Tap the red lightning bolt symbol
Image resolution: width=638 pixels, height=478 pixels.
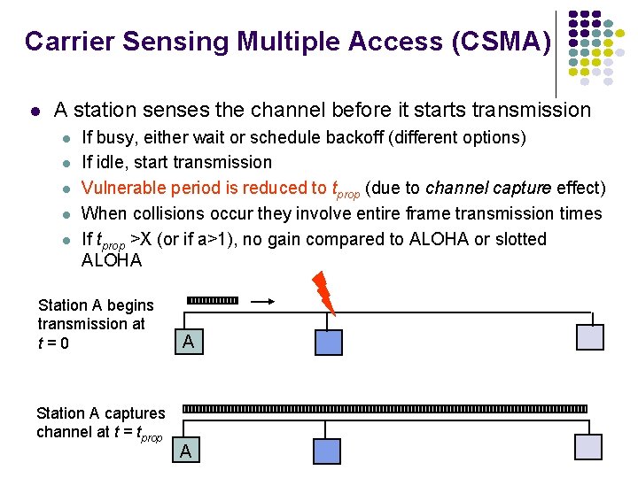pyautogui.click(x=323, y=293)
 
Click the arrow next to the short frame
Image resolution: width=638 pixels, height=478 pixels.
pyautogui.click(x=263, y=302)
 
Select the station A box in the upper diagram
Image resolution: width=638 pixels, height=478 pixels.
pyautogui.click(x=187, y=341)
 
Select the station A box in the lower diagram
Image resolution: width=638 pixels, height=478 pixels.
pyautogui.click(x=185, y=451)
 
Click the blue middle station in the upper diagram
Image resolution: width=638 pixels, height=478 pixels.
pyautogui.click(x=328, y=343)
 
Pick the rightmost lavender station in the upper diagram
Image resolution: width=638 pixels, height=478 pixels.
pyautogui.click(x=589, y=337)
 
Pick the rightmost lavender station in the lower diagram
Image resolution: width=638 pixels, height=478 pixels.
pyautogui.click(x=589, y=447)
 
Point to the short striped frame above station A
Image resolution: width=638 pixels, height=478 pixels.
pyautogui.click(x=213, y=301)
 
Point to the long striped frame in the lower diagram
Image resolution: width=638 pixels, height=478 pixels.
pyautogui.click(x=385, y=409)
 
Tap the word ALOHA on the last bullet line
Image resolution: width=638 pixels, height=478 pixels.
pyautogui.click(x=111, y=260)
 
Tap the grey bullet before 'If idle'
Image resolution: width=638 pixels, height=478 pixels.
pyautogui.click(x=65, y=164)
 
